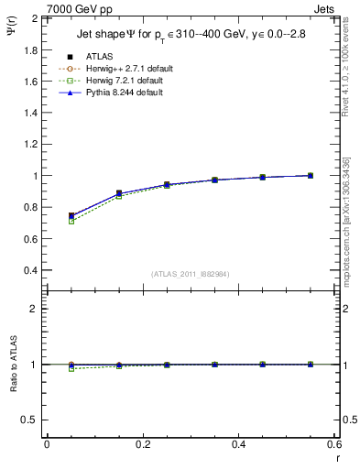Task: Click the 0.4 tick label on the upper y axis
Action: coord(31,270)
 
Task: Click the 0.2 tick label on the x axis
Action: coord(143,443)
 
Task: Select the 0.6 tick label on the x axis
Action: coord(335,443)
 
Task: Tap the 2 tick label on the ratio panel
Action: coord(36,309)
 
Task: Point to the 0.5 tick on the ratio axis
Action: coord(31,420)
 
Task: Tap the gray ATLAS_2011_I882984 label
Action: coord(191,274)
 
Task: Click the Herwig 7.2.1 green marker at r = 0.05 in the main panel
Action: coord(71,221)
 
